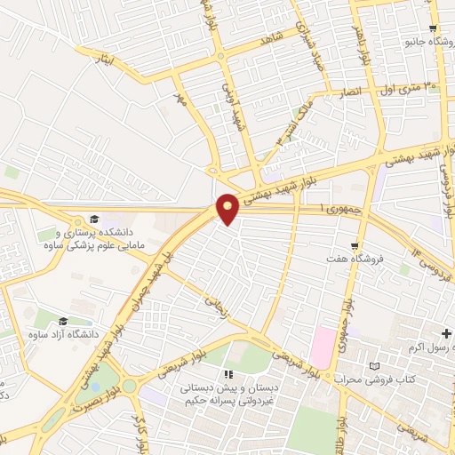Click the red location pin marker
[x=228, y=208]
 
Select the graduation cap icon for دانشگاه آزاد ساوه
[x=63, y=321]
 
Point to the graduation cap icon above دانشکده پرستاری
[x=94, y=219]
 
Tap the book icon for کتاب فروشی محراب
[x=374, y=365]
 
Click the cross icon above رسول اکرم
[x=445, y=333]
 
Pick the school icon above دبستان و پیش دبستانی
[x=228, y=374]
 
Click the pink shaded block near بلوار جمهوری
[x=322, y=349]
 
